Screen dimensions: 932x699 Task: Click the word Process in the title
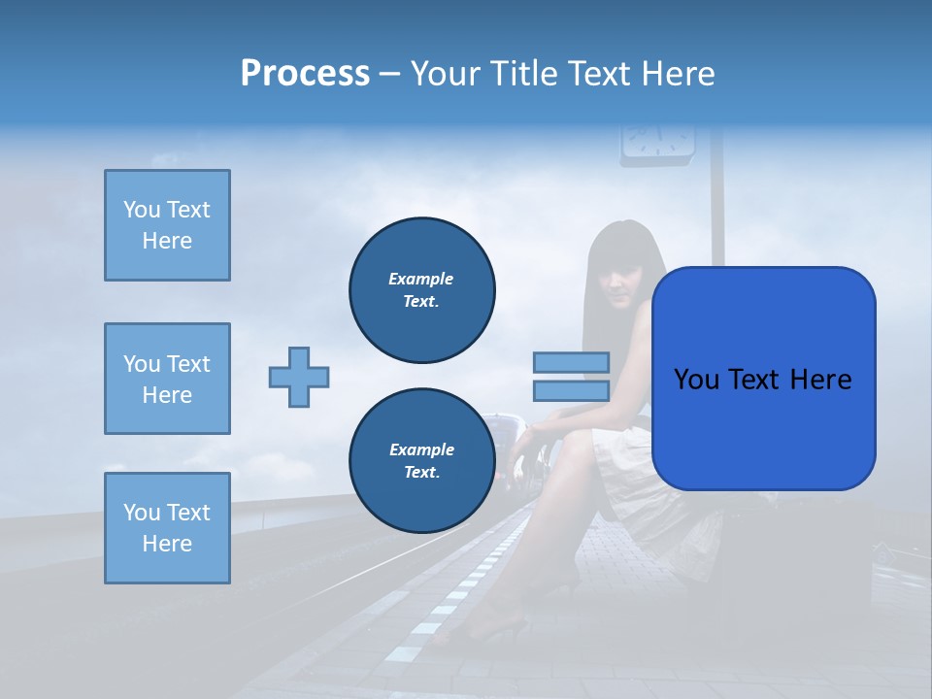click(x=305, y=74)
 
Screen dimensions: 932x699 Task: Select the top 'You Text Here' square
click(x=167, y=225)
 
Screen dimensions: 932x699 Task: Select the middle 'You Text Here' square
click(x=167, y=379)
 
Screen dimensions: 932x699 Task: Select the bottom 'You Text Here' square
click(x=167, y=528)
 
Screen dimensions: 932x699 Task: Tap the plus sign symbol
click(x=299, y=377)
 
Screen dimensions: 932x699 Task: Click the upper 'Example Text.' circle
click(x=421, y=290)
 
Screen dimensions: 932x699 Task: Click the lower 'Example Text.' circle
click(x=421, y=461)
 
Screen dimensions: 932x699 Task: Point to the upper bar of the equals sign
click(x=571, y=362)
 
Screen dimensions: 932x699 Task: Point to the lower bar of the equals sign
click(x=571, y=390)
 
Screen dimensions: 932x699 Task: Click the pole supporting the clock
click(x=717, y=204)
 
